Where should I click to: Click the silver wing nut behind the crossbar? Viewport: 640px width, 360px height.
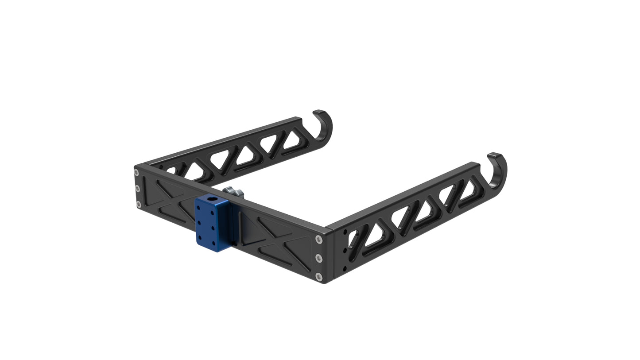tap(233, 192)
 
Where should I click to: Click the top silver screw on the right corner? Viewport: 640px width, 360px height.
tap(319, 240)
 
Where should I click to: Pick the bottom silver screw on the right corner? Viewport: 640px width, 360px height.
tap(319, 277)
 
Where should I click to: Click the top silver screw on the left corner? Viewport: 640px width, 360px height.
tap(136, 173)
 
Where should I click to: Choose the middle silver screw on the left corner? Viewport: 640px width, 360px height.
tap(137, 189)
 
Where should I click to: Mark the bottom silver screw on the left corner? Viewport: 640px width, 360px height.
tap(138, 204)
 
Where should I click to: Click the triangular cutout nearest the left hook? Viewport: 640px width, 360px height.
tap(293, 139)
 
